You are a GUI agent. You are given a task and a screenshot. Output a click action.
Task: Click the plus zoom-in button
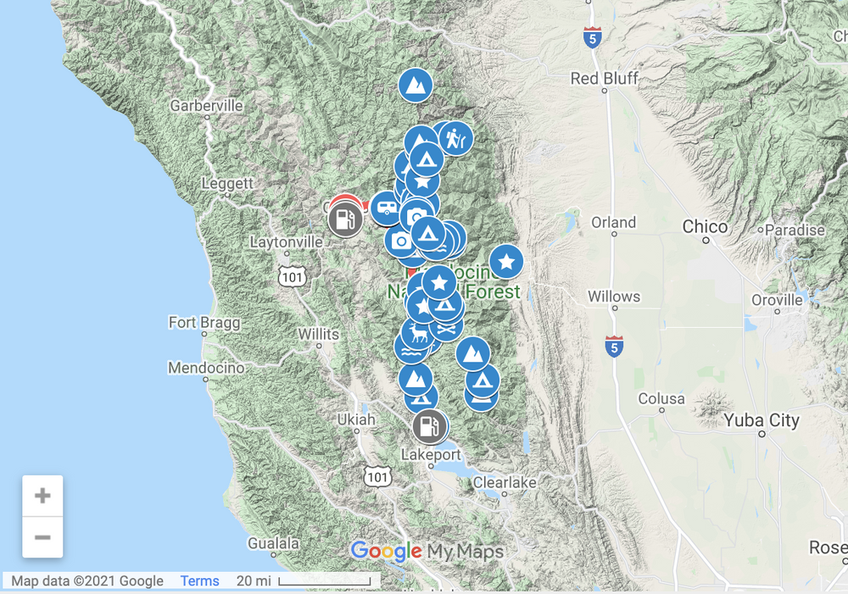(42, 496)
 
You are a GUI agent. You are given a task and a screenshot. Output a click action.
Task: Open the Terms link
(199, 580)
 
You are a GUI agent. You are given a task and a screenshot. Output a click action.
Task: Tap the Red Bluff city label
(605, 79)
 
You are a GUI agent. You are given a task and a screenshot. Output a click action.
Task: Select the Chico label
(706, 226)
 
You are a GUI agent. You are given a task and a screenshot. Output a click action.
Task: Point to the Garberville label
(206, 106)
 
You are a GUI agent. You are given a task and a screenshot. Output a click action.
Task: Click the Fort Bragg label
(204, 323)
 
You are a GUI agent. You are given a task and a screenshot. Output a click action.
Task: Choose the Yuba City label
(762, 420)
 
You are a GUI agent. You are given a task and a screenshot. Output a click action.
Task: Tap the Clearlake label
(505, 482)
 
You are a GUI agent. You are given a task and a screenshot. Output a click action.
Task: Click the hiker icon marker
(456, 137)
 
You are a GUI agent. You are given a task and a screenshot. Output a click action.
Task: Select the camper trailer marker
(386, 207)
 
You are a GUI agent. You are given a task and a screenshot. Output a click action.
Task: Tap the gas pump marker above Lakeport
(430, 426)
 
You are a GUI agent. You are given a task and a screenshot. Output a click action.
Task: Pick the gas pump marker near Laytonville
(345, 219)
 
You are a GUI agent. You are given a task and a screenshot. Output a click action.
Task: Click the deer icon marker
(416, 332)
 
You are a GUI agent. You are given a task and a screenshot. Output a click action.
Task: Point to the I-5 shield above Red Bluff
(593, 37)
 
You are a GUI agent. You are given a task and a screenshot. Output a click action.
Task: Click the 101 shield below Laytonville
(291, 275)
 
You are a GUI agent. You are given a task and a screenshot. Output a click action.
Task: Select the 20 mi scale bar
(325, 580)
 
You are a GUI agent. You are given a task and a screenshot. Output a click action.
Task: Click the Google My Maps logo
(427, 552)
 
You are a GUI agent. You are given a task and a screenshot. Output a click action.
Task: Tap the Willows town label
(614, 297)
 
